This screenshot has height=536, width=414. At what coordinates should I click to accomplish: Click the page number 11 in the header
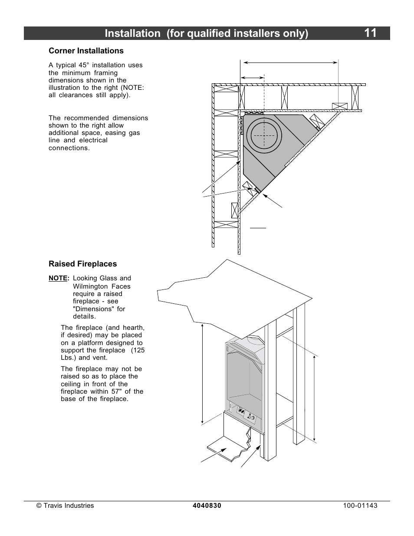[x=370, y=33]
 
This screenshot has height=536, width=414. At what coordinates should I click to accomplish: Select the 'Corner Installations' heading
[x=86, y=51]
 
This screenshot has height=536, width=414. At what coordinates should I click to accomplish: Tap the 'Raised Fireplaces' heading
[x=82, y=264]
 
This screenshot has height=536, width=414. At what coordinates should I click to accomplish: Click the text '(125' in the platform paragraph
[x=138, y=350]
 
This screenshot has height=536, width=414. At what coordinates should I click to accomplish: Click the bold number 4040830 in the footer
[x=207, y=506]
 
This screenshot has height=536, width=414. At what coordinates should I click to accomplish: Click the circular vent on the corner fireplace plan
[x=264, y=135]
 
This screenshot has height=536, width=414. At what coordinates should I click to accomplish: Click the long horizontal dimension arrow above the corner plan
[x=290, y=62]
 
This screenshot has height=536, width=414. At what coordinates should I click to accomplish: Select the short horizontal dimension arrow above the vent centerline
[x=252, y=78]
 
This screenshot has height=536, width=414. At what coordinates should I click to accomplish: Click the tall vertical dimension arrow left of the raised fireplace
[x=202, y=373]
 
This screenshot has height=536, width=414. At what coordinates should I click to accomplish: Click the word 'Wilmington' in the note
[x=89, y=286]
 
